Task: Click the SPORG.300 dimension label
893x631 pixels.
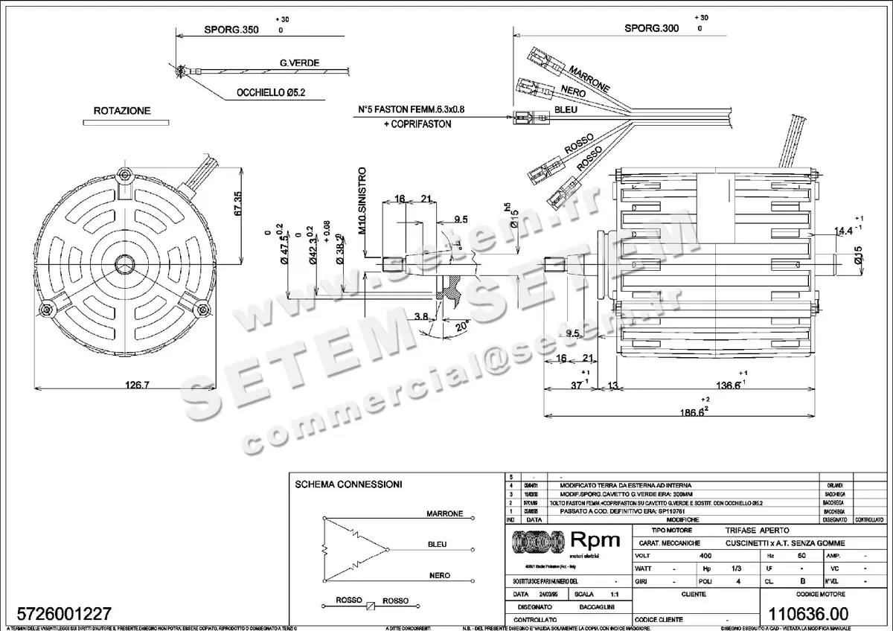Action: (x=651, y=28)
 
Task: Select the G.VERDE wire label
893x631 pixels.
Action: (x=299, y=63)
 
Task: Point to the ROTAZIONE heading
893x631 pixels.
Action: (x=121, y=111)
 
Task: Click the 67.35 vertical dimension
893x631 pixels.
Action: (x=238, y=204)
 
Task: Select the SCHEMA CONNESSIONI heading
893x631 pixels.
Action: (x=349, y=484)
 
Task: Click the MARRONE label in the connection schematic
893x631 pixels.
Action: (x=445, y=514)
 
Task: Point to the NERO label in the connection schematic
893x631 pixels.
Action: (x=439, y=576)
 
